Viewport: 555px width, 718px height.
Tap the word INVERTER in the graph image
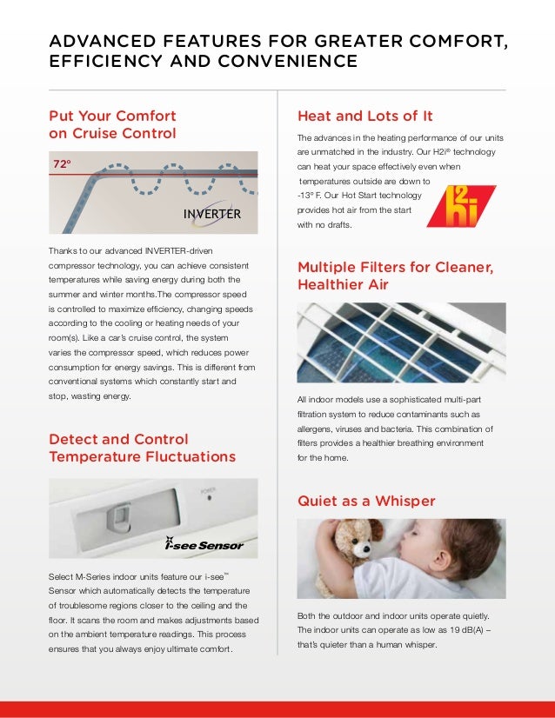point(212,214)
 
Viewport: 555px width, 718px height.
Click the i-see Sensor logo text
point(204,545)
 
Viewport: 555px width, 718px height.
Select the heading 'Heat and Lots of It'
point(365,116)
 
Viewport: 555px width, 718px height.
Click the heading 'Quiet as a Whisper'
point(366,502)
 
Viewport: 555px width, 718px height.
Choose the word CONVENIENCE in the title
point(298,62)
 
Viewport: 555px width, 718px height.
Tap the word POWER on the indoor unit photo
point(208,491)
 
